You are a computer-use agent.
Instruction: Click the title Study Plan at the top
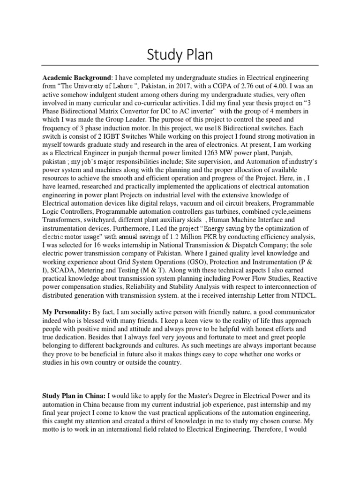pyautogui.click(x=180, y=55)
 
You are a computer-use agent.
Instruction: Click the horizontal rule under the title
pyautogui.click(x=180, y=65)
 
